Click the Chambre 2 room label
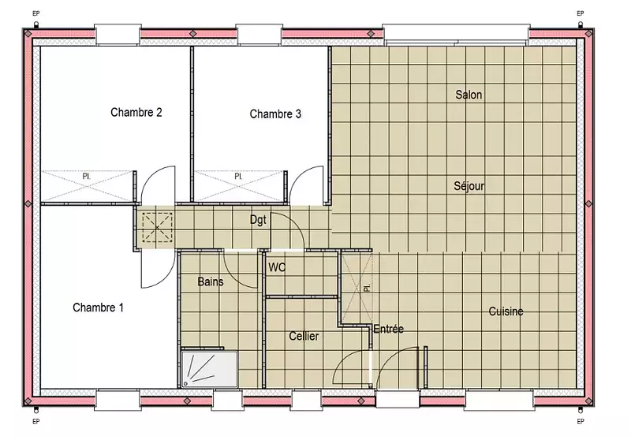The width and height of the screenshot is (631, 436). (136, 112)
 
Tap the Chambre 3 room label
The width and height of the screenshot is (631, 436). (275, 114)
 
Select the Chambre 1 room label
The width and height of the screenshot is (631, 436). (98, 307)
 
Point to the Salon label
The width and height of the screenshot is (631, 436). (469, 95)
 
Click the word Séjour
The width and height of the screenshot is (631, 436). (469, 186)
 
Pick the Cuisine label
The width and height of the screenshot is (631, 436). (506, 311)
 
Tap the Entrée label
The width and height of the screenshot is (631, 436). (388, 329)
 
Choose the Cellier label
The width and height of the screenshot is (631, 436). (304, 336)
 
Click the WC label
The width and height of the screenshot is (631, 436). (277, 267)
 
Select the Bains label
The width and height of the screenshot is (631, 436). (211, 281)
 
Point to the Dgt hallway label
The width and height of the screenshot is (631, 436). (258, 220)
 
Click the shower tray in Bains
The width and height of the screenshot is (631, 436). (209, 369)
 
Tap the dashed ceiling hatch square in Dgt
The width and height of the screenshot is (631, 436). (157, 228)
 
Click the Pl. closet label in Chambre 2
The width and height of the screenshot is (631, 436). (86, 177)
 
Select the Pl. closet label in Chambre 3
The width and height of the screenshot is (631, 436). (238, 177)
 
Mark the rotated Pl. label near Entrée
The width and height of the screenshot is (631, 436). (366, 288)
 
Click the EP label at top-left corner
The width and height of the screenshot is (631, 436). (35, 13)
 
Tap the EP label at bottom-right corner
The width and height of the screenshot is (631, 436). (581, 422)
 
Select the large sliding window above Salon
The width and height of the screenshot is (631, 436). (456, 34)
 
